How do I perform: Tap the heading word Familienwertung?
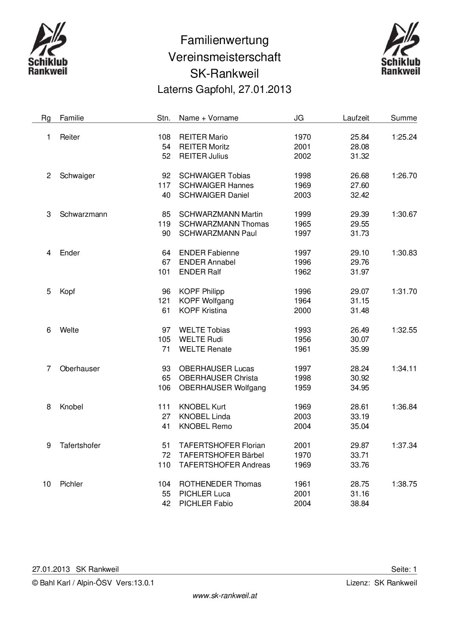[224, 40]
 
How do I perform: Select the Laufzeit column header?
[356, 118]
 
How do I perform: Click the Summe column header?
[404, 118]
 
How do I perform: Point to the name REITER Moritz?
[204, 147]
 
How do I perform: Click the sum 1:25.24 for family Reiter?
[404, 137]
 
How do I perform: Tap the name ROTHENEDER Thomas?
[220, 484]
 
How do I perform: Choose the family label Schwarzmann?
[84, 214]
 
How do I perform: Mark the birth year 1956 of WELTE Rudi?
[302, 339]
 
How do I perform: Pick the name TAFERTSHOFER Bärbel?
[222, 455]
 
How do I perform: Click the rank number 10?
[47, 484]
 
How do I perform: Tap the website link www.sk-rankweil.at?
[224, 596]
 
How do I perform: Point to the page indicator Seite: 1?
[404, 569]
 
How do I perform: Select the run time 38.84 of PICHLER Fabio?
[359, 504]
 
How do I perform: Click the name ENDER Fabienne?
[209, 253]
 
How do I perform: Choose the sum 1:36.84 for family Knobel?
[404, 407]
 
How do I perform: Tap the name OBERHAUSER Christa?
[219, 378]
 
